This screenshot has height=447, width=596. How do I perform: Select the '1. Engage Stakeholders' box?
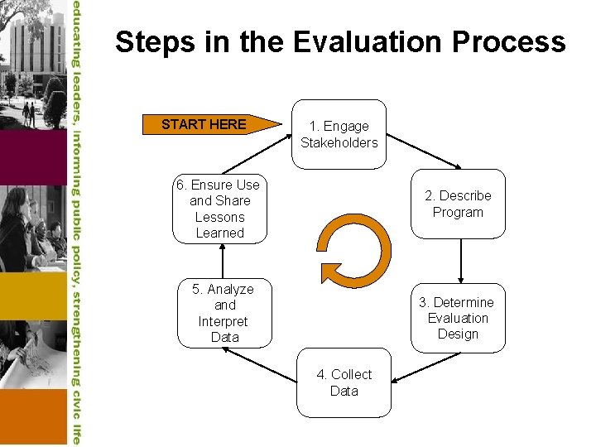click(x=339, y=133)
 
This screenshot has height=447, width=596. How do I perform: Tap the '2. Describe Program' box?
click(x=458, y=204)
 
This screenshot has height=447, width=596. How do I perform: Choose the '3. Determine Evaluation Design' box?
click(x=458, y=318)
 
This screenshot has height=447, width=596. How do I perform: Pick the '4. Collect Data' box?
click(x=344, y=382)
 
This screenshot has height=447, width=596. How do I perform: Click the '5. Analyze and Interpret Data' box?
click(x=224, y=313)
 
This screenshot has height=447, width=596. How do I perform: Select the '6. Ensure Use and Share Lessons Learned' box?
click(x=219, y=209)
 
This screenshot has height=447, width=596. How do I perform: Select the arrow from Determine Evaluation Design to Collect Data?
click(x=422, y=368)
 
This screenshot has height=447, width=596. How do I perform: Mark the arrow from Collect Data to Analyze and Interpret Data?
click(x=260, y=364)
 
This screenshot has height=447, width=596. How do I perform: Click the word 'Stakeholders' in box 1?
click(x=339, y=142)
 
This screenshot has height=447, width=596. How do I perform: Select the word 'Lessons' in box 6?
click(x=219, y=217)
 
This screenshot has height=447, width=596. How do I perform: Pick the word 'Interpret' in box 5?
click(x=223, y=321)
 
